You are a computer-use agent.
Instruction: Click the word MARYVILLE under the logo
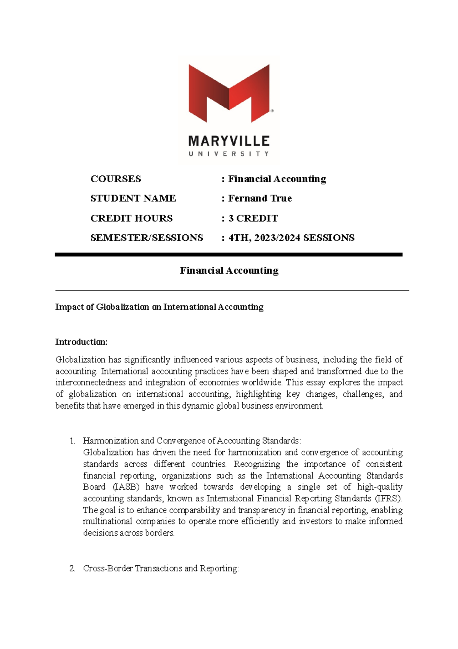pos(229,141)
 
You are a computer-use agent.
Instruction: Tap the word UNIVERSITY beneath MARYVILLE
pos(229,154)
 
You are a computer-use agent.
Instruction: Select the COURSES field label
pos(116,179)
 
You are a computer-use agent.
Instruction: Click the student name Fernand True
pos(260,198)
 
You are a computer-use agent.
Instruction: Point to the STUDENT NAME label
pos(133,198)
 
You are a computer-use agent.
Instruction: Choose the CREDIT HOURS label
pos(131,218)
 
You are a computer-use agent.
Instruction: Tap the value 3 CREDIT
pos(253,218)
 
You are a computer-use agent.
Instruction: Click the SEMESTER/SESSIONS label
pos(147,238)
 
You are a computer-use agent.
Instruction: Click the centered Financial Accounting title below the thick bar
pos(229,271)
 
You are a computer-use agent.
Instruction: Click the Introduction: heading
pos(81,342)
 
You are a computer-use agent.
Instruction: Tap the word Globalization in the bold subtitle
pos(122,307)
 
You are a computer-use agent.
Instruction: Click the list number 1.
pos(72,441)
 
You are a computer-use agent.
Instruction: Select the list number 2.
pos(72,569)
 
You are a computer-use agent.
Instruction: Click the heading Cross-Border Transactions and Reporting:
pos(161,569)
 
